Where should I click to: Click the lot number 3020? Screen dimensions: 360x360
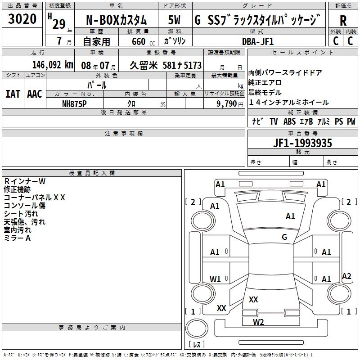pyautogui.click(x=22, y=19)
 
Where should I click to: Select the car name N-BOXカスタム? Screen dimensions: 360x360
pyautogui.click(x=116, y=20)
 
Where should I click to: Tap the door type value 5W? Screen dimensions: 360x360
pyautogui.click(x=174, y=20)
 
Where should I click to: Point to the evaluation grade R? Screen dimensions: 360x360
pyautogui.click(x=343, y=20)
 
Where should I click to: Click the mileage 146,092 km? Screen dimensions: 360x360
pyautogui.click(x=52, y=65)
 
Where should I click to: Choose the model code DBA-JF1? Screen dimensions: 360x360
pyautogui.click(x=257, y=41)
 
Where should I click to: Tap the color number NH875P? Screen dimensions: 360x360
pyautogui.click(x=74, y=103)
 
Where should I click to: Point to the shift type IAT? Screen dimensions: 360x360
pyautogui.click(x=13, y=94)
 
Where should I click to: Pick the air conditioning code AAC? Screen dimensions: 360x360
pyautogui.click(x=34, y=94)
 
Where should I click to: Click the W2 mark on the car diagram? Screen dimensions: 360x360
pyautogui.click(x=258, y=322)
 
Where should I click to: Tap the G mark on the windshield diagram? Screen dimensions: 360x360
pyautogui.click(x=284, y=237)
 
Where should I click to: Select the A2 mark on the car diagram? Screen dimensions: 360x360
pyautogui.click(x=346, y=276)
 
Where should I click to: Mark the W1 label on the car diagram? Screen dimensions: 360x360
pyautogui.click(x=215, y=279)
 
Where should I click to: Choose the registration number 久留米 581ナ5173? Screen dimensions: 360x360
pyautogui.click(x=166, y=65)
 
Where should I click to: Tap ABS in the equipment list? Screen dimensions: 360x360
pyautogui.click(x=290, y=121)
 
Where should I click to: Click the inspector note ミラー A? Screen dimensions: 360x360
pyautogui.click(x=17, y=238)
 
